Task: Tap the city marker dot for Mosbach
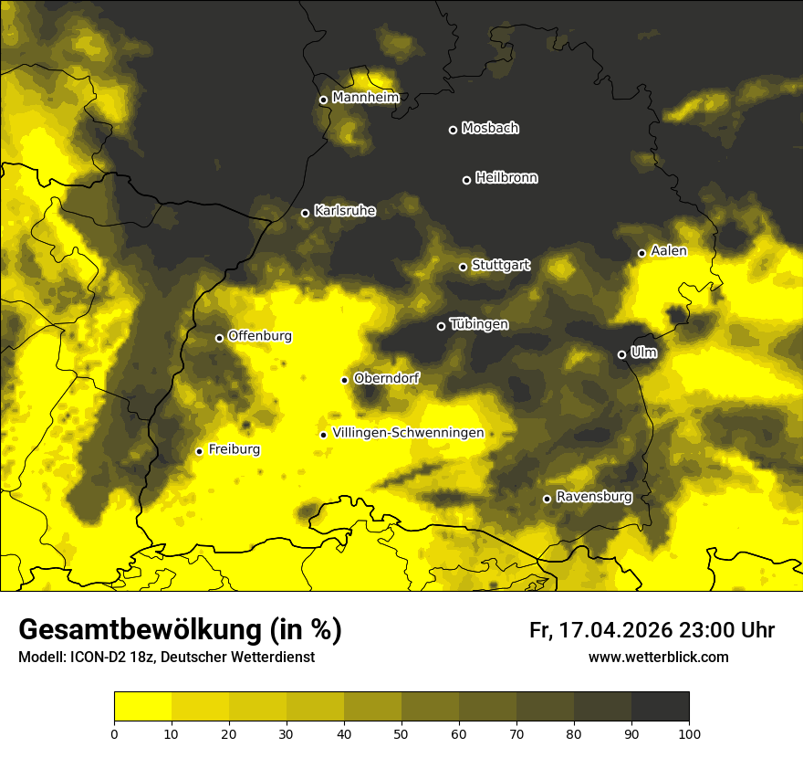(x=453, y=130)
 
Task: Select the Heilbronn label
(x=506, y=178)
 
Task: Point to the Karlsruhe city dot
(x=306, y=213)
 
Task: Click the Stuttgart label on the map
(x=500, y=266)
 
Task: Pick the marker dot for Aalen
(x=642, y=253)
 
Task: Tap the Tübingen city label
(x=479, y=325)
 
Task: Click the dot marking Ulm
(x=622, y=354)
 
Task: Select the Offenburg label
(x=260, y=336)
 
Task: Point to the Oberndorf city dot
(x=345, y=380)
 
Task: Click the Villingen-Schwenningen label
(x=408, y=433)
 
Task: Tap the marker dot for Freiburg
(x=200, y=451)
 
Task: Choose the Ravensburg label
(x=594, y=497)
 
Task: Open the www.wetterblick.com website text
(x=659, y=657)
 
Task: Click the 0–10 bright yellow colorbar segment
(x=143, y=707)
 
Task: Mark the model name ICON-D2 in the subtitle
(x=96, y=657)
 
